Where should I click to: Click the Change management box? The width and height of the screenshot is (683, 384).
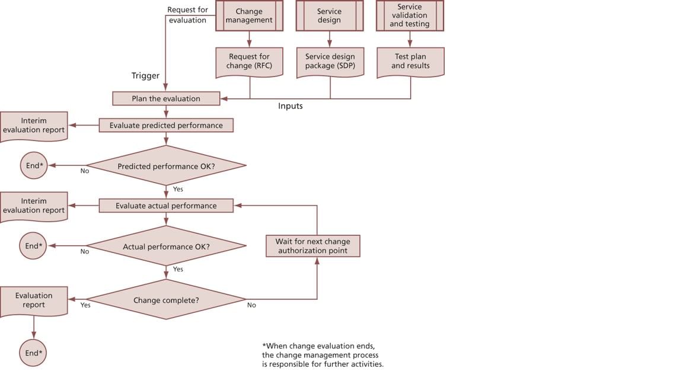249,16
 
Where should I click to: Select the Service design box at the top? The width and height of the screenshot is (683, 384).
329,16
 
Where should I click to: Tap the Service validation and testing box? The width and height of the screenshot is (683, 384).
410,16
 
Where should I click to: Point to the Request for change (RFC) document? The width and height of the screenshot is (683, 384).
249,62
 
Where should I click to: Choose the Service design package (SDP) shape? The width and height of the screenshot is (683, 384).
330,62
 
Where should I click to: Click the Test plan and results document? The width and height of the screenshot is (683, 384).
410,62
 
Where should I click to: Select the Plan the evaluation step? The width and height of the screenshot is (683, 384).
166,98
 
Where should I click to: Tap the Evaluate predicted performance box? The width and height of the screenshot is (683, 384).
166,126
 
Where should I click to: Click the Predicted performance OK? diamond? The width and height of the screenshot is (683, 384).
166,166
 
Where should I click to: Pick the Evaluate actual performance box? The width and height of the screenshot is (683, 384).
166,206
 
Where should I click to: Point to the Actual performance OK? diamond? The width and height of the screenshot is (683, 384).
166,247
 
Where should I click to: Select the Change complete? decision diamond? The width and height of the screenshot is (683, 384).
166,300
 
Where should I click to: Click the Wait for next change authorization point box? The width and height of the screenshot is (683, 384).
312,246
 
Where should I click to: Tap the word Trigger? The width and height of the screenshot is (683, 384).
145,76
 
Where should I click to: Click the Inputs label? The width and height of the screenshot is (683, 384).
291,106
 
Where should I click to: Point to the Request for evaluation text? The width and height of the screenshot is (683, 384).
187,15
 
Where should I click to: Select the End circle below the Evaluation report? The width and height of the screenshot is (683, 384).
33,353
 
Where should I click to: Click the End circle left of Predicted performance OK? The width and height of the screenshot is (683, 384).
33,166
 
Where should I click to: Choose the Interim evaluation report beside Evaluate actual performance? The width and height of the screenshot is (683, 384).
34,206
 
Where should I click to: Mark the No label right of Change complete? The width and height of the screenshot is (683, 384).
251,305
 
